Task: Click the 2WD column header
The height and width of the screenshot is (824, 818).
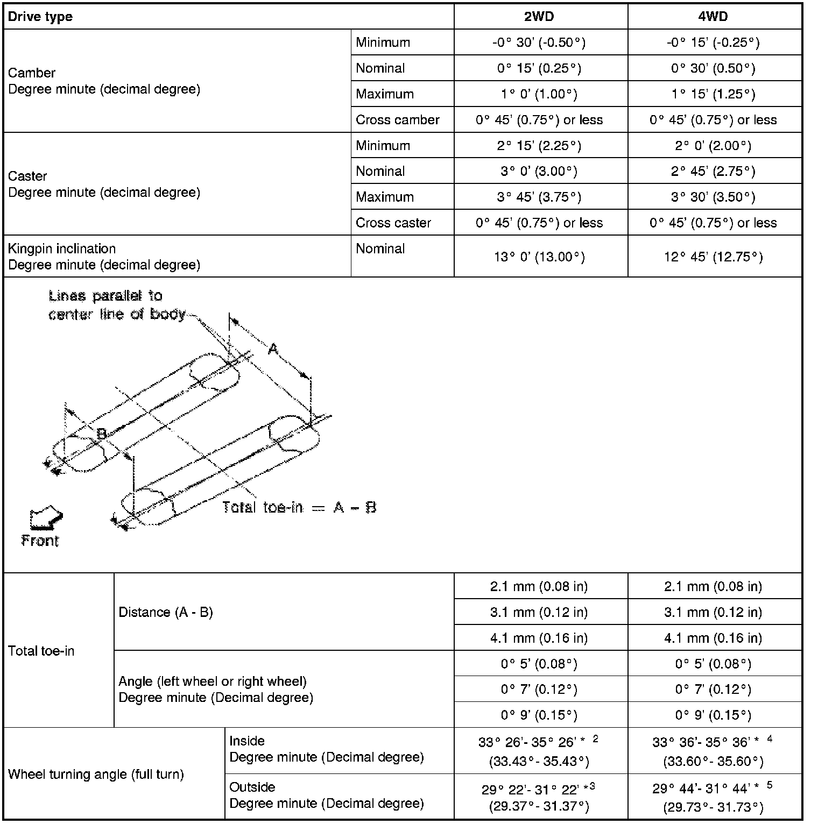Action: pos(539,17)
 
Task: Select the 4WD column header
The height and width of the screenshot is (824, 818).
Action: pos(713,17)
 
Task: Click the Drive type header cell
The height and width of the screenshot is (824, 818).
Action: pos(40,17)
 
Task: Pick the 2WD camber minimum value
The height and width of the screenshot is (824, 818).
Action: pos(539,42)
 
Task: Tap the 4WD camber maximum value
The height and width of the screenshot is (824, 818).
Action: pos(713,94)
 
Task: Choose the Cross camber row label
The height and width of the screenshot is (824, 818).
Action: pos(398,120)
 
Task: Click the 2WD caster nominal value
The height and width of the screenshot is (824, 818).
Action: pos(539,172)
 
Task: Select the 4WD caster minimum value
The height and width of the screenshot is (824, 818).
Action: pos(713,146)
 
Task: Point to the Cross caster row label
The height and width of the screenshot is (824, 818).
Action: pos(393,223)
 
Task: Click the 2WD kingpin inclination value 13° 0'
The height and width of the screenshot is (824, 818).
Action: pos(539,257)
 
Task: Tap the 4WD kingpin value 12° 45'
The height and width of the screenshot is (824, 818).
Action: pos(713,257)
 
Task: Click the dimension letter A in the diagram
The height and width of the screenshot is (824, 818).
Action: pos(273,350)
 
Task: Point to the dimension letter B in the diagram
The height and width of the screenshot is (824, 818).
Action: pos(102,434)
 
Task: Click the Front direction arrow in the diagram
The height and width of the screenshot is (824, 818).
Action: pos(46,517)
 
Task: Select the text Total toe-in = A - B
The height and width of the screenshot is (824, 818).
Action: pos(299,507)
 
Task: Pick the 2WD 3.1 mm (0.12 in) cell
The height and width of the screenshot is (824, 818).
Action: pos(539,613)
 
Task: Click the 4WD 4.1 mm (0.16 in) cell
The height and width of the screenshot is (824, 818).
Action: pos(713,638)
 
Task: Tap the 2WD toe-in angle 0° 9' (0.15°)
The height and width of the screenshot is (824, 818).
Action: pos(539,715)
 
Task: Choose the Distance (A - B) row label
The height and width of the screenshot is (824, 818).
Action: pos(166,613)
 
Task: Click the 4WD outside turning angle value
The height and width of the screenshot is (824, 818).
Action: pos(713,797)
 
